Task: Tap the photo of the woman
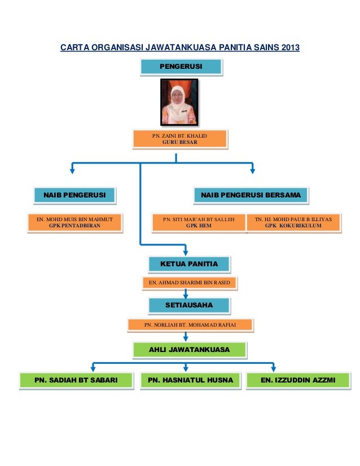pos(179,102)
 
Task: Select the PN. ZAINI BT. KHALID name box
pos(179,139)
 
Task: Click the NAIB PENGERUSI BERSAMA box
pos(252,195)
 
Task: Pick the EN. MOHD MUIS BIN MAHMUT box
pos(75,222)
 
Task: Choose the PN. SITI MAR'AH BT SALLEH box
pos(199,222)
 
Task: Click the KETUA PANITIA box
pos(189,263)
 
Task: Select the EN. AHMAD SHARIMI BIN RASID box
pos(189,282)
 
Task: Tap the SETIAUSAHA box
pos(189,305)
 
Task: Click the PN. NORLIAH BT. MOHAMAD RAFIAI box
pos(190,324)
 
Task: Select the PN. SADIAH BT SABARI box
pos(76,381)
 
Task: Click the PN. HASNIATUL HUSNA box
pos(190,381)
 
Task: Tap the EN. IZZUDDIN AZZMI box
pos(297,381)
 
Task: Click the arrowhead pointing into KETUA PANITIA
pos(186,251)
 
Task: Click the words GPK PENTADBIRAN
pos(75,226)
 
